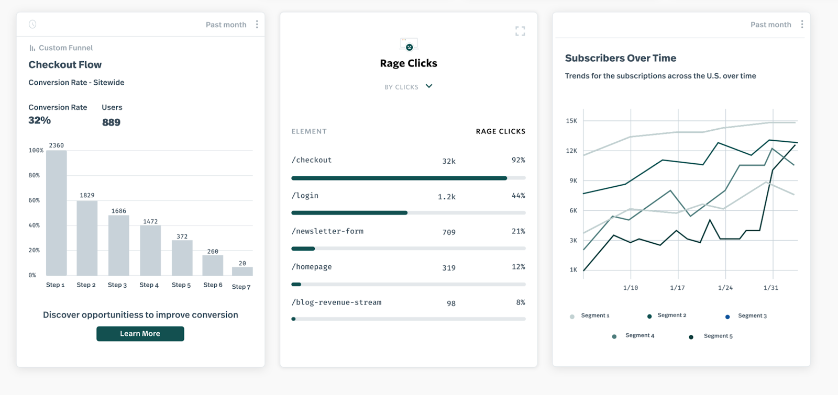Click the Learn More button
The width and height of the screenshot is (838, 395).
[140, 334]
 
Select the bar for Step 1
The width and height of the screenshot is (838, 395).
[57, 213]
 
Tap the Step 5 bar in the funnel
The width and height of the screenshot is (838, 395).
[182, 258]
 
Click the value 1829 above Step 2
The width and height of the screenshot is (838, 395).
[87, 195]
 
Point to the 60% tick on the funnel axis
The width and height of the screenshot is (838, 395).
[34, 200]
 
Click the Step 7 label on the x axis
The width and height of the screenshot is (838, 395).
[241, 287]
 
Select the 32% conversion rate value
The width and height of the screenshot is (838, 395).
[40, 120]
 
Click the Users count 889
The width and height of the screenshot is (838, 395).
[111, 122]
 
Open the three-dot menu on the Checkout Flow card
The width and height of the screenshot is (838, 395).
[257, 25]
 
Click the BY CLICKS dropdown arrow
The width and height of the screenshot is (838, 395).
[429, 86]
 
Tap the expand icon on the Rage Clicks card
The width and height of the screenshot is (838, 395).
[520, 31]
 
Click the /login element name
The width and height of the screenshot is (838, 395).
[305, 196]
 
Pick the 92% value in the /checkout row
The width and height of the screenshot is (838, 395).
[518, 160]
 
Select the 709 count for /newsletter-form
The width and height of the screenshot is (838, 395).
[448, 232]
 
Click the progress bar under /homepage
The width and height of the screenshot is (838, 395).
[408, 284]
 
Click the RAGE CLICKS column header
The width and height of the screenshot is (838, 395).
[500, 131]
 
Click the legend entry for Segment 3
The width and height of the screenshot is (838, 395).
[752, 316]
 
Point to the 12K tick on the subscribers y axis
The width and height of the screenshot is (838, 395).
[571, 151]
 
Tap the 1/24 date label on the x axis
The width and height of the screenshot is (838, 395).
[725, 288]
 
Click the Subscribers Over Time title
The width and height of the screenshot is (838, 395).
[620, 58]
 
